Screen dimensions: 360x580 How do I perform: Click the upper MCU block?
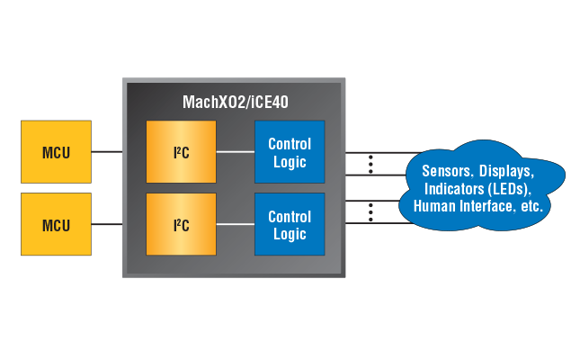[56, 152]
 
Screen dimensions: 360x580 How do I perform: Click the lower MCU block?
[56, 225]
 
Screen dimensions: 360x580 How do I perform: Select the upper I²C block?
[181, 152]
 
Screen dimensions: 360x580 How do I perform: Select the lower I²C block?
[181, 225]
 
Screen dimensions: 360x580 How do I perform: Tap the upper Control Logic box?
[289, 152]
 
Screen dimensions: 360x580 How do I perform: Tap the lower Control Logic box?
[289, 225]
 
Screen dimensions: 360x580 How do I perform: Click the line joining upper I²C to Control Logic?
[236, 152]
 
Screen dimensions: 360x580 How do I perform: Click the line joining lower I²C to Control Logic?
[236, 225]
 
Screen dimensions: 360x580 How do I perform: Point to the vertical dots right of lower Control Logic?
[370, 211]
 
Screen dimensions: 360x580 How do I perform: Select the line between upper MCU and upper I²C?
[108, 152]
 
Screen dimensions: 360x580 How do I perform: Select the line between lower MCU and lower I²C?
[108, 225]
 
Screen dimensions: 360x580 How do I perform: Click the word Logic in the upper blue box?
[290, 162]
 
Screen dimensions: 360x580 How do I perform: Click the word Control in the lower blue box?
[290, 217]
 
